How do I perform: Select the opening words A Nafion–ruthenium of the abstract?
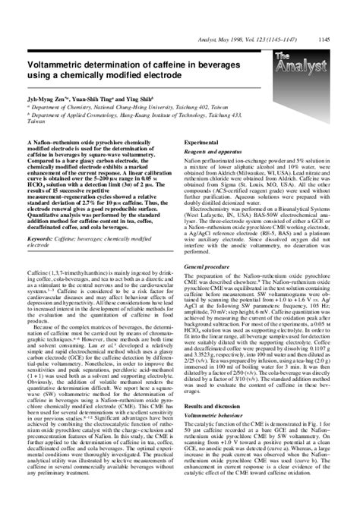click(x=52, y=143)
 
